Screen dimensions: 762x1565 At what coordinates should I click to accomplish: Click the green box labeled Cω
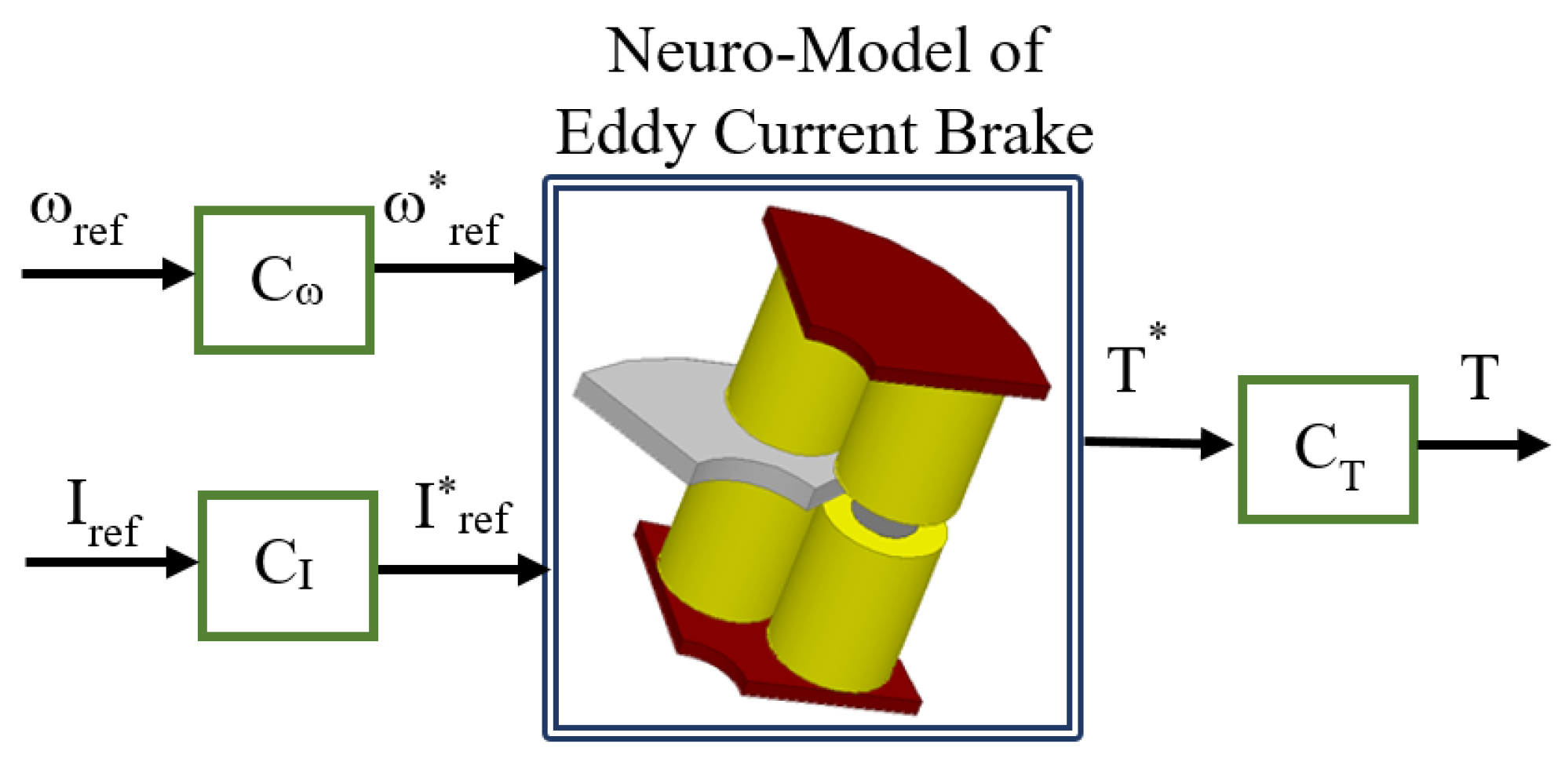pyautogui.click(x=284, y=280)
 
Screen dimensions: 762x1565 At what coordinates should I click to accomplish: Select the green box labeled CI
pyautogui.click(x=287, y=565)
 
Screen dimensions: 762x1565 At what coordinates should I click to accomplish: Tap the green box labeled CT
pyautogui.click(x=1327, y=450)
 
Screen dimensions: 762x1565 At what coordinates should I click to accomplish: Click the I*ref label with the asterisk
pyautogui.click(x=461, y=509)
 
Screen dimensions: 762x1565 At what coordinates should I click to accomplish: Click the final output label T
pyautogui.click(x=1479, y=378)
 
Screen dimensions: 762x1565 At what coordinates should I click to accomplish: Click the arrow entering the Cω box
pyautogui.click(x=106, y=273)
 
